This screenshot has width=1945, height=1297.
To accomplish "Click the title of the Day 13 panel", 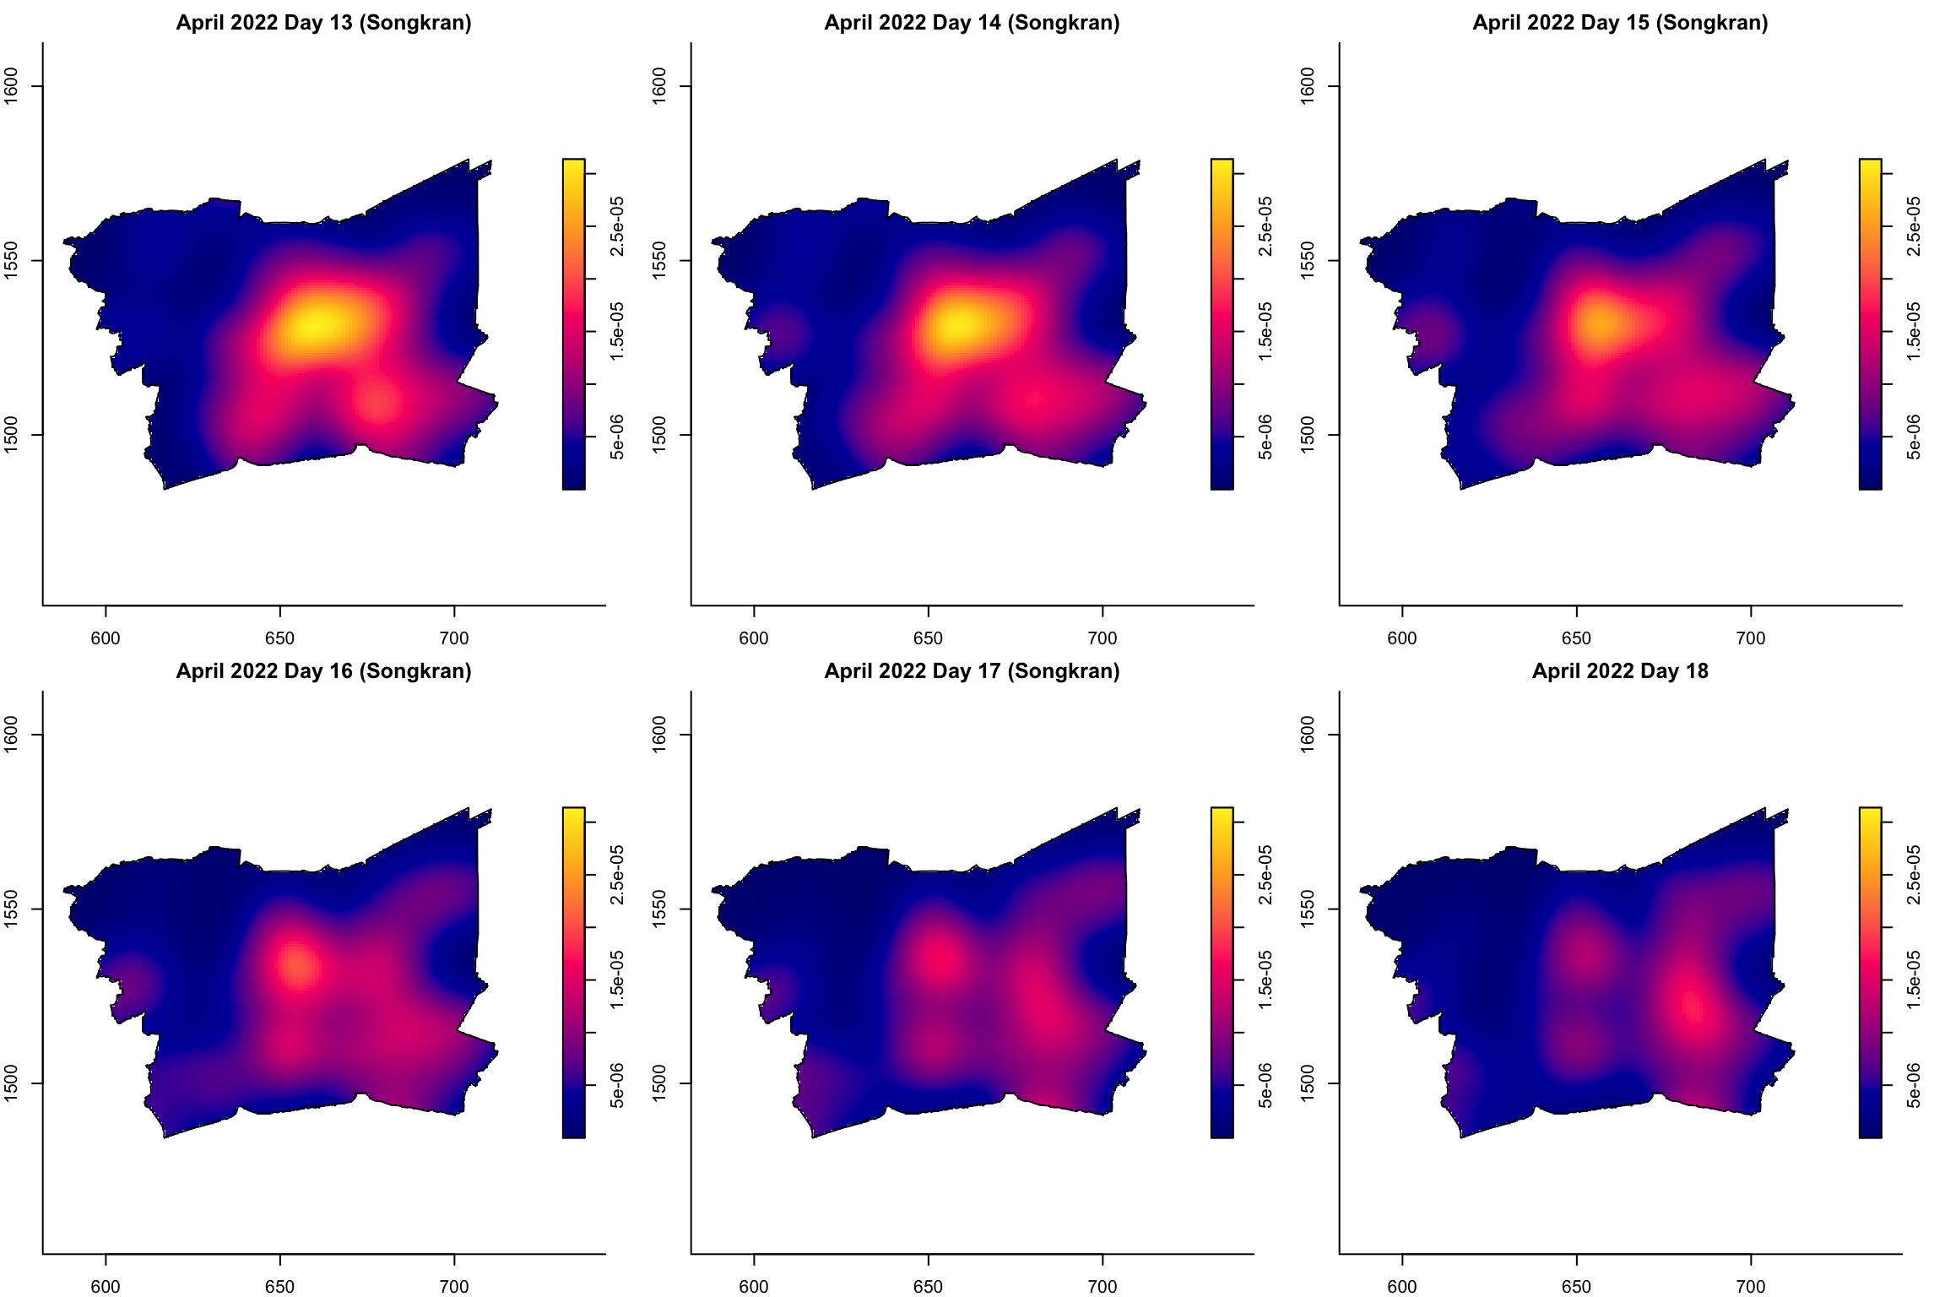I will (x=323, y=23).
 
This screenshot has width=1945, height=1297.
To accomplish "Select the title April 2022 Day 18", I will (x=1620, y=671).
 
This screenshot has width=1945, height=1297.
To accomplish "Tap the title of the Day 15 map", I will (x=1620, y=23).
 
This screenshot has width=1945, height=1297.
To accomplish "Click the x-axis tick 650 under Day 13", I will (x=279, y=638).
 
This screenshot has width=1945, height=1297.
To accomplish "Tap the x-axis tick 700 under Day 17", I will (x=1103, y=1287).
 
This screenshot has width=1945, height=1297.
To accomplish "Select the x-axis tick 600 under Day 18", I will (x=1402, y=1287).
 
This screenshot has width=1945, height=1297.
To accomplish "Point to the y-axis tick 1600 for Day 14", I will (x=660, y=86).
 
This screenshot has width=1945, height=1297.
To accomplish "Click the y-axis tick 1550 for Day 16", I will (x=12, y=909).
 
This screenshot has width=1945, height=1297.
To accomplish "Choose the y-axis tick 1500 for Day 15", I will (x=1308, y=435).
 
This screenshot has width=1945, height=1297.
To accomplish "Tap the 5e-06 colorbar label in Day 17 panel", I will (x=1266, y=1085).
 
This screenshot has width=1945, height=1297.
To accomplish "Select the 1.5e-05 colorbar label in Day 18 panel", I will (x=1915, y=980).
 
